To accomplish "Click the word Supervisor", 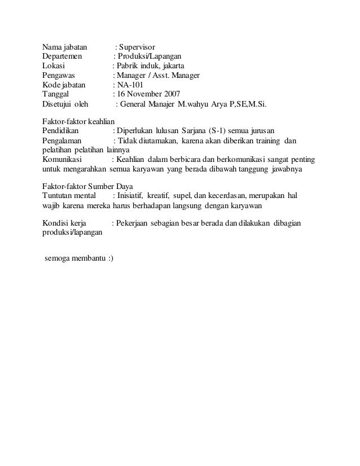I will [139, 46].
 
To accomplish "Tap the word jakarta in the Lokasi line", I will [177, 66].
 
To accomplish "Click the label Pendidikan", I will [62, 131].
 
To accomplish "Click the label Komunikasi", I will [62, 160].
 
